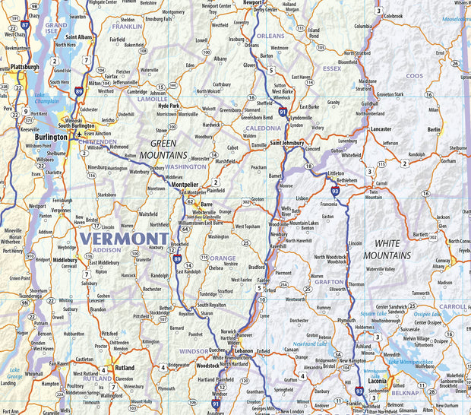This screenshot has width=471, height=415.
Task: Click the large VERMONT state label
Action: (114, 239)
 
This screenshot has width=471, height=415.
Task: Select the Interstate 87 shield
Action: (25, 25)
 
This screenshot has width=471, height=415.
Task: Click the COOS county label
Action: (414, 76)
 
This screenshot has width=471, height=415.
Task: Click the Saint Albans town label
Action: (80, 36)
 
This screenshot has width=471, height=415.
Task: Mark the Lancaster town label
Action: (381, 129)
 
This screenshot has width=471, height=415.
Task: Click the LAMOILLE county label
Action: (153, 99)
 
